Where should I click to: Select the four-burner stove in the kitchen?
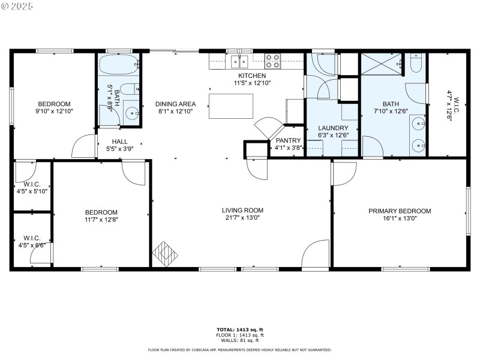tap(272, 60)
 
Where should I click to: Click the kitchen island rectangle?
tap(231, 107)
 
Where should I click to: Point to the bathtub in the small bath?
tap(119, 64)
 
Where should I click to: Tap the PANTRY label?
tap(288, 140)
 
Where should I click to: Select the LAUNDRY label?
tap(332, 128)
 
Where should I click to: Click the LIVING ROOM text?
tap(242, 211)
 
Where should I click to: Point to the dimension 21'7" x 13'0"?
tap(242, 218)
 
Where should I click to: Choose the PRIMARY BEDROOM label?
tap(400, 211)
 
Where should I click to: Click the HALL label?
tap(119, 142)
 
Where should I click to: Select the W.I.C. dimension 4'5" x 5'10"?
tap(32, 191)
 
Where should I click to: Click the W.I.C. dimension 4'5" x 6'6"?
tap(32, 245)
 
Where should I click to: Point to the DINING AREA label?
tap(176, 104)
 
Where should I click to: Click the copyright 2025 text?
tap(17, 5)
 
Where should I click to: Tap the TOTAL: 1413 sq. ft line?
tap(240, 329)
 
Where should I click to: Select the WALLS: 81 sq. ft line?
tap(240, 341)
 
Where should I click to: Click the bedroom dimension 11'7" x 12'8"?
tap(101, 220)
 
